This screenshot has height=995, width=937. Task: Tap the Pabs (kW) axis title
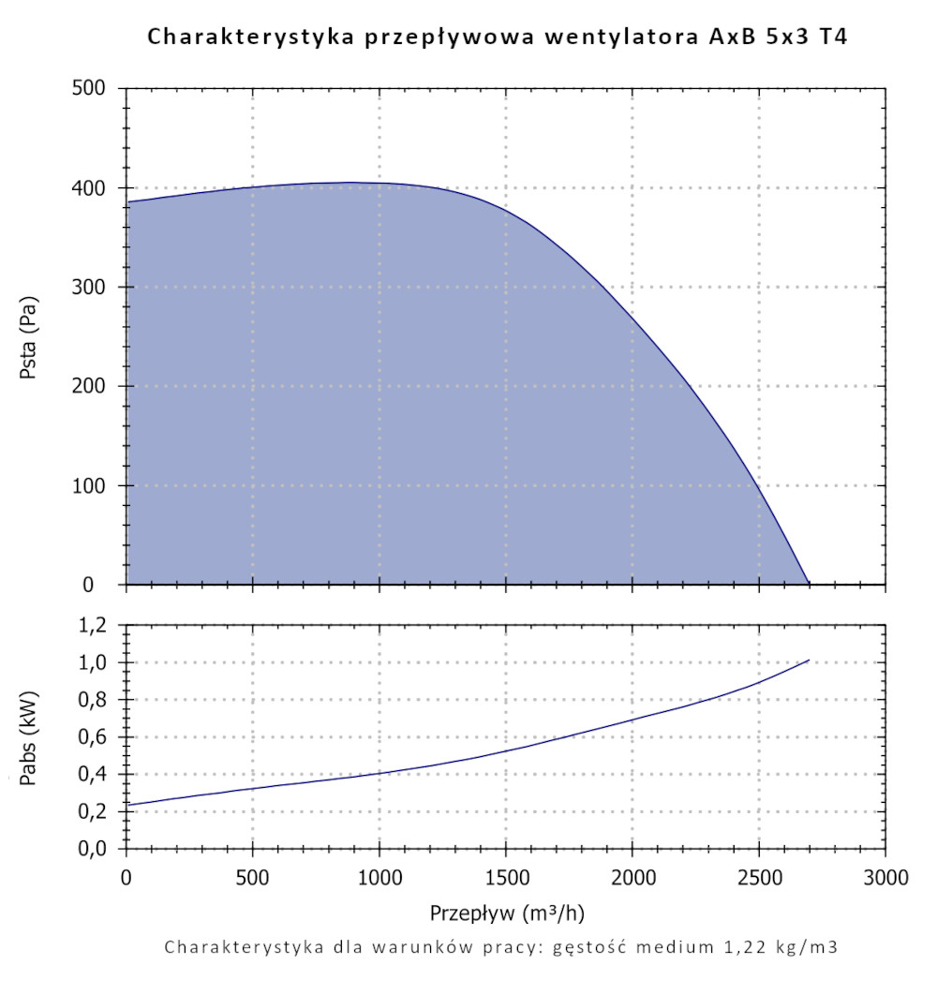tap(30, 736)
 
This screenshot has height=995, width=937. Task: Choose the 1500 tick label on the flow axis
tap(506, 878)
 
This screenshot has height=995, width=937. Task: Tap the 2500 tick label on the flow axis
tap(759, 878)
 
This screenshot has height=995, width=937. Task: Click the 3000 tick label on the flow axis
tap(885, 878)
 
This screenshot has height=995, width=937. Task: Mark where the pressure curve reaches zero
tap(809, 585)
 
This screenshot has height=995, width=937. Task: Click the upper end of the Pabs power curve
tap(808, 661)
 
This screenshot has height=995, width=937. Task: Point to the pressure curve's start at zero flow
tap(127, 201)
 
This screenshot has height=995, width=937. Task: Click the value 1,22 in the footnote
tap(732, 947)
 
